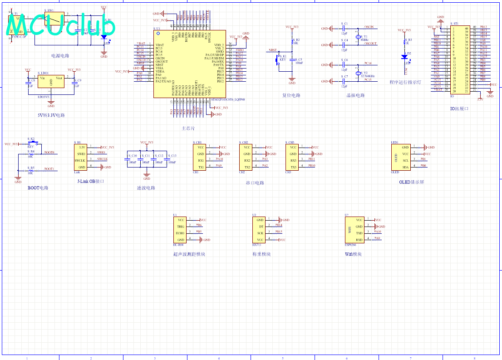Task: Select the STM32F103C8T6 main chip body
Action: pyautogui.click(x=189, y=64)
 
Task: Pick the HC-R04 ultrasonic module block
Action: pyautogui.click(x=180, y=230)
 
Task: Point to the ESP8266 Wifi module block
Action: pyautogui.click(x=354, y=230)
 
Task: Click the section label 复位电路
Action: pyautogui.click(x=291, y=96)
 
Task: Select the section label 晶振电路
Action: pyautogui.click(x=355, y=96)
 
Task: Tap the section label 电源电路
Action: pyautogui.click(x=60, y=56)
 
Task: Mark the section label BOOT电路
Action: pyautogui.click(x=38, y=188)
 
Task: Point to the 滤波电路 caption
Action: pyautogui.click(x=146, y=188)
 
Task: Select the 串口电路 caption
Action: pyautogui.click(x=255, y=183)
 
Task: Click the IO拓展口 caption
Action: pyautogui.click(x=459, y=109)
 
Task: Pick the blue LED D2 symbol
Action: pyautogui.click(x=404, y=57)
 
